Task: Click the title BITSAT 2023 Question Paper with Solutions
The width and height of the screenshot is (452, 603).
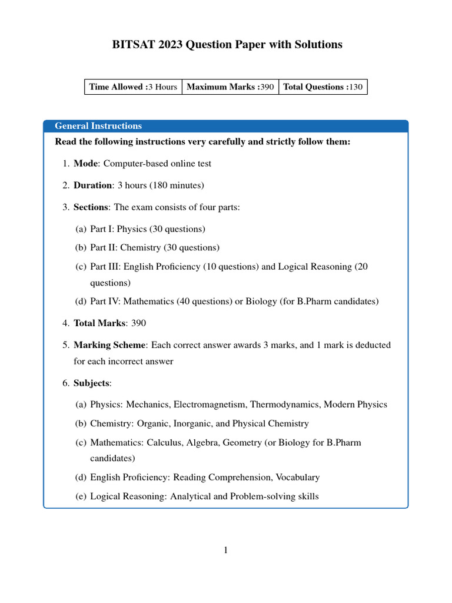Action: (227, 45)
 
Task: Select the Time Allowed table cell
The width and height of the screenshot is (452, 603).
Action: (133, 87)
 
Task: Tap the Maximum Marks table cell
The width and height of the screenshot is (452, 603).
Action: (230, 87)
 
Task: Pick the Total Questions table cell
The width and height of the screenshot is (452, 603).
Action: (323, 87)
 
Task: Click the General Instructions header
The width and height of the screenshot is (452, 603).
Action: (98, 126)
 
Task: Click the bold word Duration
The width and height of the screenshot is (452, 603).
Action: (92, 185)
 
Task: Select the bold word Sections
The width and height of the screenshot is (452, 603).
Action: (91, 207)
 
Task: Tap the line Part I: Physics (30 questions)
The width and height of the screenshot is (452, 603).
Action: (147, 228)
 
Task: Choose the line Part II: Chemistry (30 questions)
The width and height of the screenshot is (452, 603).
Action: (154, 247)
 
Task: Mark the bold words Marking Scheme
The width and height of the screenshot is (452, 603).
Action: (109, 345)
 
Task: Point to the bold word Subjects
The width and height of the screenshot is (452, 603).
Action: (91, 383)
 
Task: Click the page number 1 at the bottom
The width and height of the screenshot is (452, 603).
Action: (225, 551)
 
